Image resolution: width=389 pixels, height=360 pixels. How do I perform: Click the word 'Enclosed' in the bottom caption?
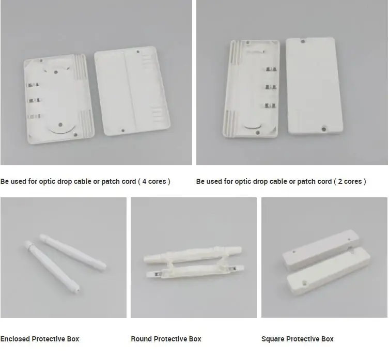point(15,339)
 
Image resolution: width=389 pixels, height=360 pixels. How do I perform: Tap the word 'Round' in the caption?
point(141,339)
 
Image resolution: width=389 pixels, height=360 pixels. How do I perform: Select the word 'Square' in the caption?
point(272,339)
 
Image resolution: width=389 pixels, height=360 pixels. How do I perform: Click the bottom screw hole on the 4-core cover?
point(123,131)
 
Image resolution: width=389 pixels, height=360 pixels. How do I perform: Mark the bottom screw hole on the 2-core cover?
point(324,126)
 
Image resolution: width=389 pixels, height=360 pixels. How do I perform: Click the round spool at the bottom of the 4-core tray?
point(61,126)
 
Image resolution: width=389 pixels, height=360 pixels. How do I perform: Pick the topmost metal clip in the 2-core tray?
point(269,69)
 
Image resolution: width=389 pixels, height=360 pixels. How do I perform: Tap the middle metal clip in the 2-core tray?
point(269,87)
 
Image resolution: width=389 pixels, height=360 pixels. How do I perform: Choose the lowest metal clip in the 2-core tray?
point(269,105)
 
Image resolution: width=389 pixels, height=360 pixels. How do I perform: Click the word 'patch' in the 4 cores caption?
point(108,181)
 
